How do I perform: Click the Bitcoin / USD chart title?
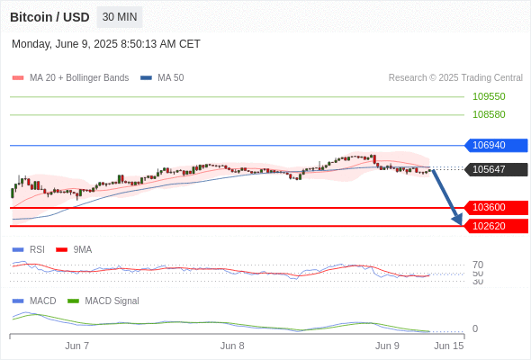point(49,17)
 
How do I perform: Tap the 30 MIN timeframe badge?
point(120,17)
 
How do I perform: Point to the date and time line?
point(106,44)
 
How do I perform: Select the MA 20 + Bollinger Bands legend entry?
point(70,77)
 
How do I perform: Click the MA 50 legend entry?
point(162,77)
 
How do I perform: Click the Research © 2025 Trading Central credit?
point(455,77)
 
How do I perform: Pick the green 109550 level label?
point(489,96)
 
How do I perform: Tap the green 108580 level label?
point(489,114)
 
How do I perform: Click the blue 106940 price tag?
point(496,145)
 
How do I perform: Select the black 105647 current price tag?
point(496,169)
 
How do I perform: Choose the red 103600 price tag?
point(496,207)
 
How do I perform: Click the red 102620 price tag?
point(496,226)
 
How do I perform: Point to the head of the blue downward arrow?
point(461,225)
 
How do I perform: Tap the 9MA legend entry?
point(74,249)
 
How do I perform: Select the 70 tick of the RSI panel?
point(478,265)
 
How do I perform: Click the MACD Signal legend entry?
point(103,301)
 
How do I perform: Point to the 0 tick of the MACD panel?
point(475,328)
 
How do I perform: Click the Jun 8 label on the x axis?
point(232,346)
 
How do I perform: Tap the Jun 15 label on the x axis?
point(449,346)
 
